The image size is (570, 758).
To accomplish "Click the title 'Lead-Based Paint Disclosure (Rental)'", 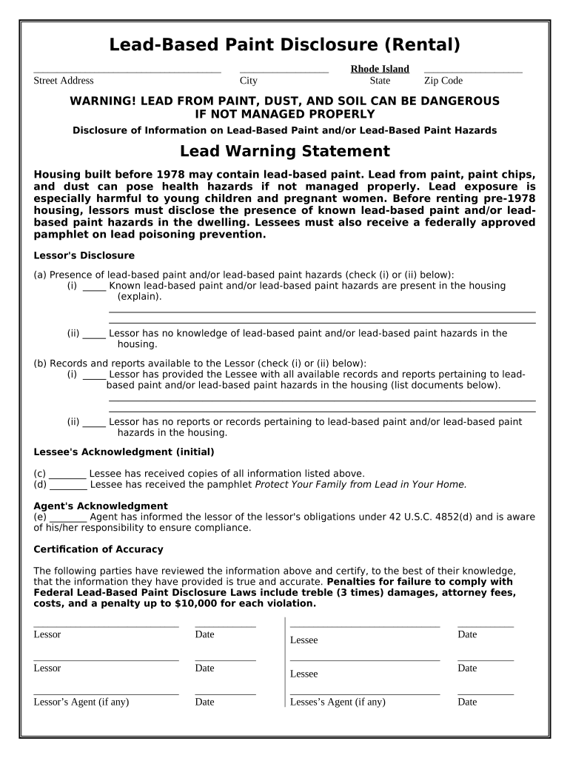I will click(284, 45).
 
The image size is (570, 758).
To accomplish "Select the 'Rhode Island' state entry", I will click(380, 69).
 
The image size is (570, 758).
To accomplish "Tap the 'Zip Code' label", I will click(443, 81).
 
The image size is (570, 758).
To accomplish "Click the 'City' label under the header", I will click(248, 81).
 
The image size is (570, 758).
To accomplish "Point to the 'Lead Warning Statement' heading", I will click(284, 152).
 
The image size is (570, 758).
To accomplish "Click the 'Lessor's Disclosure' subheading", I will click(84, 255).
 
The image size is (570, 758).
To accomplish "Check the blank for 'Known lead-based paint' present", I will click(94, 286).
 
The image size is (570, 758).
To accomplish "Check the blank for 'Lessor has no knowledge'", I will click(94, 334).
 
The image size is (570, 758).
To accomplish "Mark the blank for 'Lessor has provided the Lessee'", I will click(94, 375).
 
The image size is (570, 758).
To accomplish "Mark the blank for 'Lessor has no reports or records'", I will click(94, 422).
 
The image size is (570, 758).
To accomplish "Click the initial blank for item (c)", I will click(68, 474).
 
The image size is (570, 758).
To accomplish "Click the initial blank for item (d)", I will click(68, 485).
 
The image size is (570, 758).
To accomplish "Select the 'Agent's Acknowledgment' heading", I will click(101, 506).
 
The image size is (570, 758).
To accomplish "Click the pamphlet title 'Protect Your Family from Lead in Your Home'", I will click(361, 485).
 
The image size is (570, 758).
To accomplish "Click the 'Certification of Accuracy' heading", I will click(98, 549).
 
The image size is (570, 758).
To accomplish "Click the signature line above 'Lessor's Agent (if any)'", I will click(106, 694).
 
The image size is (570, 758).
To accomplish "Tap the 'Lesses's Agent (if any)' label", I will click(338, 702).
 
